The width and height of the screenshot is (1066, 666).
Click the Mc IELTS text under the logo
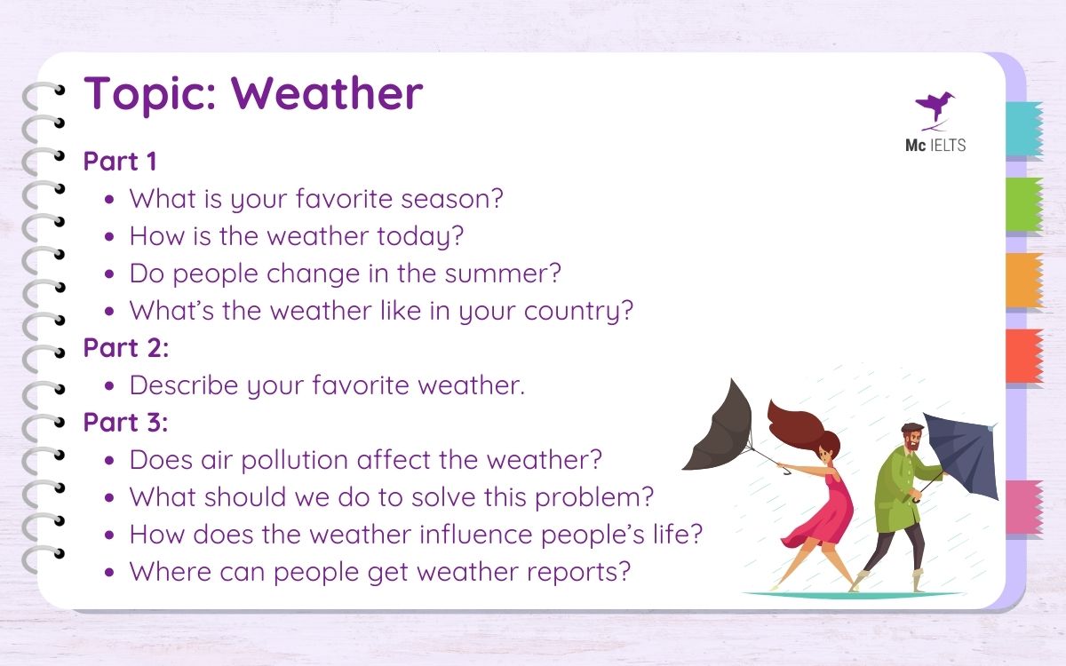coord(929,145)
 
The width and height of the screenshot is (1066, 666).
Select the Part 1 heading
coord(120,162)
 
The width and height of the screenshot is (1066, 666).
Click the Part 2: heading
coord(125,348)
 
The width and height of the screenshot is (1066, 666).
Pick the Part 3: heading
coord(125,423)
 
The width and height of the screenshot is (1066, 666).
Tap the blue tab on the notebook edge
coord(1023,130)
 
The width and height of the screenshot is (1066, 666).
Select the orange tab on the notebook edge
coord(1023,281)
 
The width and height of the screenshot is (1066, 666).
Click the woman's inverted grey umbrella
coord(720,426)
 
